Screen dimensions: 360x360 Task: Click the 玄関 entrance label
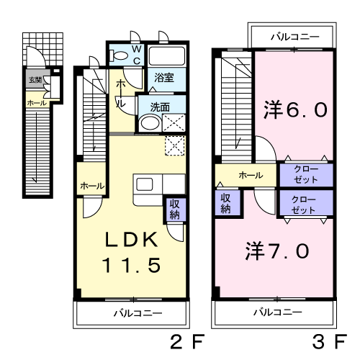click(35, 79)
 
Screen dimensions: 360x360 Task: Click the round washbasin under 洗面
click(148, 123)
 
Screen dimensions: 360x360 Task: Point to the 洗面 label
click(160, 107)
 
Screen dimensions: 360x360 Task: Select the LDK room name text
click(131, 240)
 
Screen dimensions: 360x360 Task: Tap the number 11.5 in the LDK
click(131, 265)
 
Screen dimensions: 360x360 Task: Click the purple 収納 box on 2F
click(174, 209)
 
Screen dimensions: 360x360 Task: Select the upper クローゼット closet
click(306, 174)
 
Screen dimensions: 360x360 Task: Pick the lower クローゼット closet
click(306, 203)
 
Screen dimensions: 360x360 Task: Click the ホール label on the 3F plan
click(250, 175)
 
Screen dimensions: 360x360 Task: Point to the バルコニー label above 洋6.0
click(294, 35)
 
